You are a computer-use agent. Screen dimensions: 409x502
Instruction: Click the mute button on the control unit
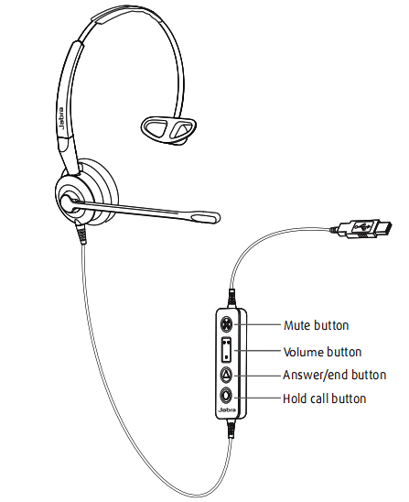(227, 324)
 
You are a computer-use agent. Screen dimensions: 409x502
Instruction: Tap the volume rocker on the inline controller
(226, 350)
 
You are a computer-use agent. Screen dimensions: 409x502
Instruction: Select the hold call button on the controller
(226, 396)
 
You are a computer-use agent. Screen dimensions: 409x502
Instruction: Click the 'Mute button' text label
(316, 325)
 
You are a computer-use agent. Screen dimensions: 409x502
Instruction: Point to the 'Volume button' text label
(322, 352)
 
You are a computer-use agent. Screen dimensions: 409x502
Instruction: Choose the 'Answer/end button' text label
(335, 375)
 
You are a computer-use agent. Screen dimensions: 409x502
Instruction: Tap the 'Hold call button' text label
(325, 398)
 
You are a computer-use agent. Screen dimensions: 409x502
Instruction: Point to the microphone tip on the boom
(206, 217)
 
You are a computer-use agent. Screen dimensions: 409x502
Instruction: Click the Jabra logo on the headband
(61, 118)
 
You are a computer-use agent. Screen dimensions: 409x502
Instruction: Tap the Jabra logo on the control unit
(227, 410)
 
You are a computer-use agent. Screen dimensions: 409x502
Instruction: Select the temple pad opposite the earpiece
(168, 128)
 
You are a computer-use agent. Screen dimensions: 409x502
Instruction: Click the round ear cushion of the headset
(86, 193)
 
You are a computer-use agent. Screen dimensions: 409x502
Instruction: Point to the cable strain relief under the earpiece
(81, 233)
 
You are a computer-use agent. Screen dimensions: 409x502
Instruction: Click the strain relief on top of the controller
(231, 299)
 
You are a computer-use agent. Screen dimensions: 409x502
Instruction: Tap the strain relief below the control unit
(231, 429)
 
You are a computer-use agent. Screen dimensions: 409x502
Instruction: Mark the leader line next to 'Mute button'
(257, 324)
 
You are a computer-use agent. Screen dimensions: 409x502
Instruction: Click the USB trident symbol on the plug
(362, 226)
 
